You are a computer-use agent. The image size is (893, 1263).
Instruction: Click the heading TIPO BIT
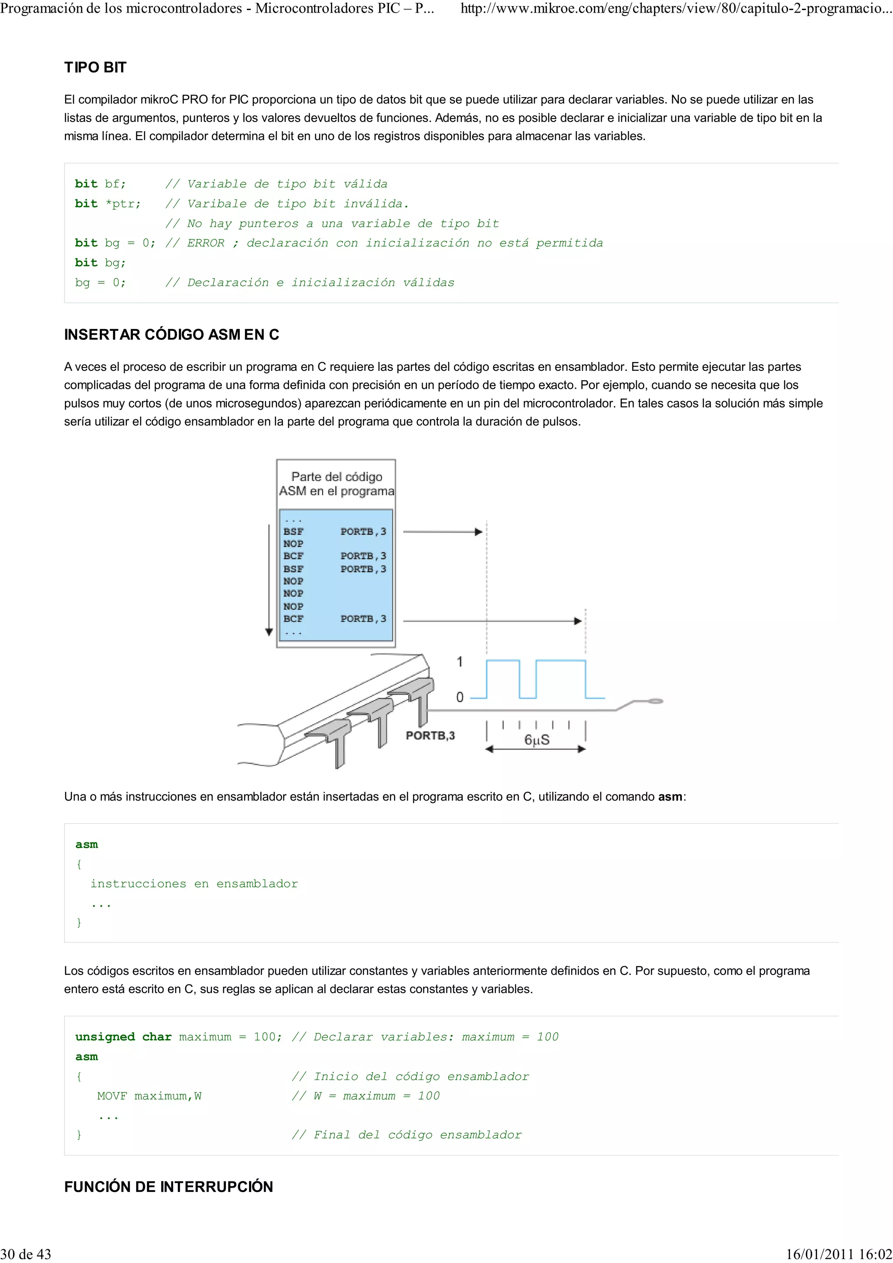pos(95,68)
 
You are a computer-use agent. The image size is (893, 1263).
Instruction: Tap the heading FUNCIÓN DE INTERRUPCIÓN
pos(168,1187)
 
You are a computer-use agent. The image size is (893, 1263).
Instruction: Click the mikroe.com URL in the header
pos(676,9)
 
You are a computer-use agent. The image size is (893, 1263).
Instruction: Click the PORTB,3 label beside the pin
pos(430,736)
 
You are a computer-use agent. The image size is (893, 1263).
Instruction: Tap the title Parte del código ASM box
pos(336,483)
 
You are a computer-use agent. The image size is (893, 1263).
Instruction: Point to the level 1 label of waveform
pos(460,662)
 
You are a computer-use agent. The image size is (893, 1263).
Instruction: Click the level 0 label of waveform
pos(460,697)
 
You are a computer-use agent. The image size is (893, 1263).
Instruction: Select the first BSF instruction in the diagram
pos(293,531)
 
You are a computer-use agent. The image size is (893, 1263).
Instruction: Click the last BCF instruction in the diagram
pos(293,618)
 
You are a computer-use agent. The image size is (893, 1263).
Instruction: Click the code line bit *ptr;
pos(108,204)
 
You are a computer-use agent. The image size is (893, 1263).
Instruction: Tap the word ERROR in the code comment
pos(206,243)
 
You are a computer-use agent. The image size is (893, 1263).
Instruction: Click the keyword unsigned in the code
pos(105,1037)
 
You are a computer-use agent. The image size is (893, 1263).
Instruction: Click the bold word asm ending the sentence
pos(670,797)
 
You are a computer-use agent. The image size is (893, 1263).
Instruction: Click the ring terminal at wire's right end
pos(655,701)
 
